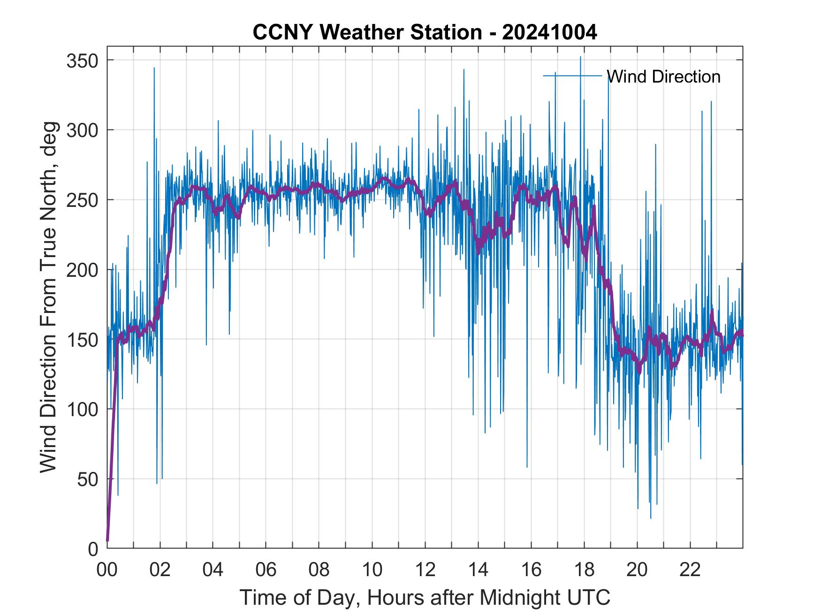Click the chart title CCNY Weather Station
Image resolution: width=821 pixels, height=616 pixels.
click(x=425, y=32)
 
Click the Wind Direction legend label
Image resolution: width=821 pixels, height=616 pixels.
click(x=663, y=76)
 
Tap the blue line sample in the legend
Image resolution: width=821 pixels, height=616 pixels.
click(x=572, y=76)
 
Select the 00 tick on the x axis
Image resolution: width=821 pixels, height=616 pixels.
click(x=107, y=570)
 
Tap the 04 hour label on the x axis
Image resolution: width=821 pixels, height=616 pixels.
click(x=213, y=570)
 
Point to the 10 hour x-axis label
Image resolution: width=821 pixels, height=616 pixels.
click(x=372, y=570)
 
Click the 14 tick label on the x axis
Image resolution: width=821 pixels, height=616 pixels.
click(x=478, y=570)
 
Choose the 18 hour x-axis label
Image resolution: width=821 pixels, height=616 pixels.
click(x=584, y=570)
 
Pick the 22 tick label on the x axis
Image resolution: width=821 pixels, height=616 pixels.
click(x=690, y=570)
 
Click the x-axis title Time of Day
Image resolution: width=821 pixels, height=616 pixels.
click(x=425, y=597)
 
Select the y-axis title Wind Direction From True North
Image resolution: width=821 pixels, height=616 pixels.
click(x=48, y=297)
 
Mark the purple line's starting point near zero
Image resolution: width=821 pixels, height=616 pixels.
click(x=107, y=540)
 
